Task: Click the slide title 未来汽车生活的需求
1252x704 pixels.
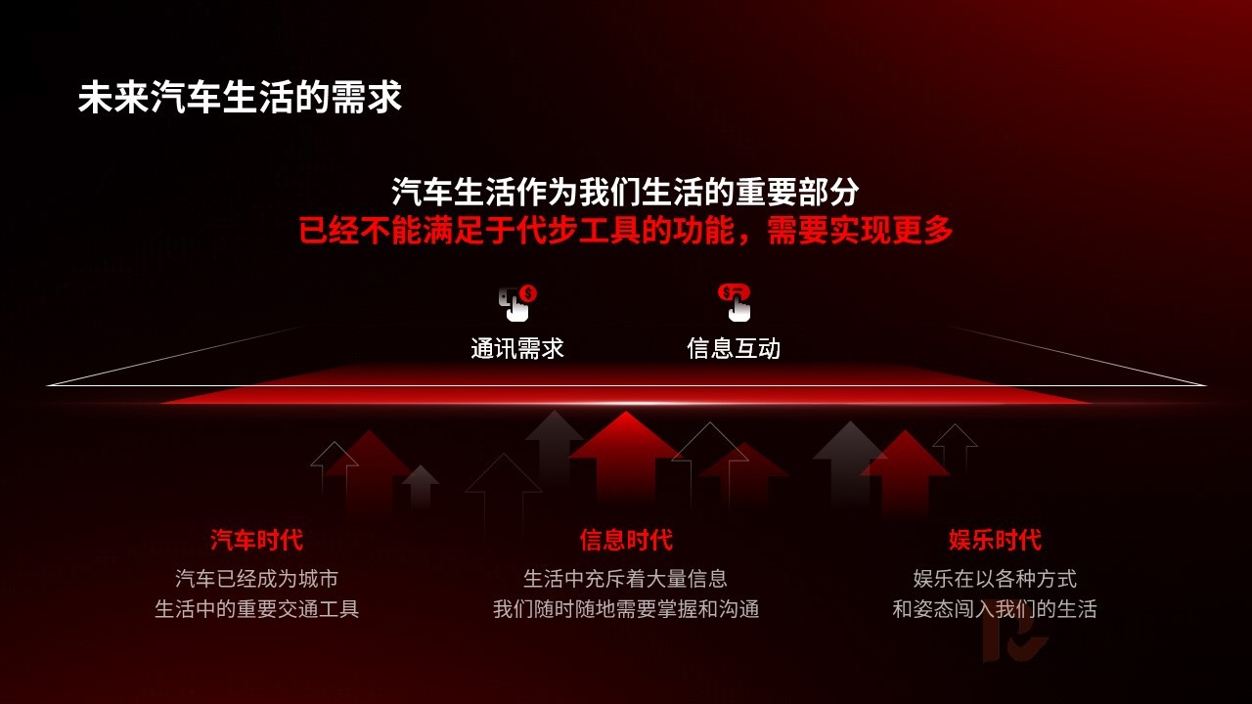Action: click(x=240, y=98)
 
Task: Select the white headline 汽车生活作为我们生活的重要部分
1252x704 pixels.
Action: click(x=625, y=193)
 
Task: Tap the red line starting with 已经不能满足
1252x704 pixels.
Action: click(x=625, y=230)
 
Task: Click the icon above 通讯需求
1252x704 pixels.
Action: click(x=517, y=303)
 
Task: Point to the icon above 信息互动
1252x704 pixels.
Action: click(x=735, y=303)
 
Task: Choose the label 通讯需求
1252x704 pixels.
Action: click(x=517, y=349)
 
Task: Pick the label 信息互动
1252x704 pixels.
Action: click(x=734, y=349)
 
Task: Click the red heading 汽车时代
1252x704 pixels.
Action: click(x=257, y=541)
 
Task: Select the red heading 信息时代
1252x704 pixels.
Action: click(x=626, y=541)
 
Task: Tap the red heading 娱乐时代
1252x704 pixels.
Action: click(x=995, y=541)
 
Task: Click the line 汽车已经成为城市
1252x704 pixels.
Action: click(x=257, y=579)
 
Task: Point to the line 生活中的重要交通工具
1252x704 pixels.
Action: click(x=257, y=609)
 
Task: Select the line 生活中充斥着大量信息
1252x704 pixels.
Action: click(x=626, y=579)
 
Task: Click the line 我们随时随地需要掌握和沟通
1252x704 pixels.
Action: click(x=626, y=609)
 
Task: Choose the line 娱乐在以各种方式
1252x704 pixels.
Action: click(x=995, y=579)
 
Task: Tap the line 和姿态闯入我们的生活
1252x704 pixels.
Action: click(x=995, y=609)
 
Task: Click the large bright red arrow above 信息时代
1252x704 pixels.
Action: click(x=626, y=456)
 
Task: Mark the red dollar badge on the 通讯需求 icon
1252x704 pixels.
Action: click(x=528, y=292)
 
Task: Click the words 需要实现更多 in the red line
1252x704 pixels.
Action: click(x=860, y=230)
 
